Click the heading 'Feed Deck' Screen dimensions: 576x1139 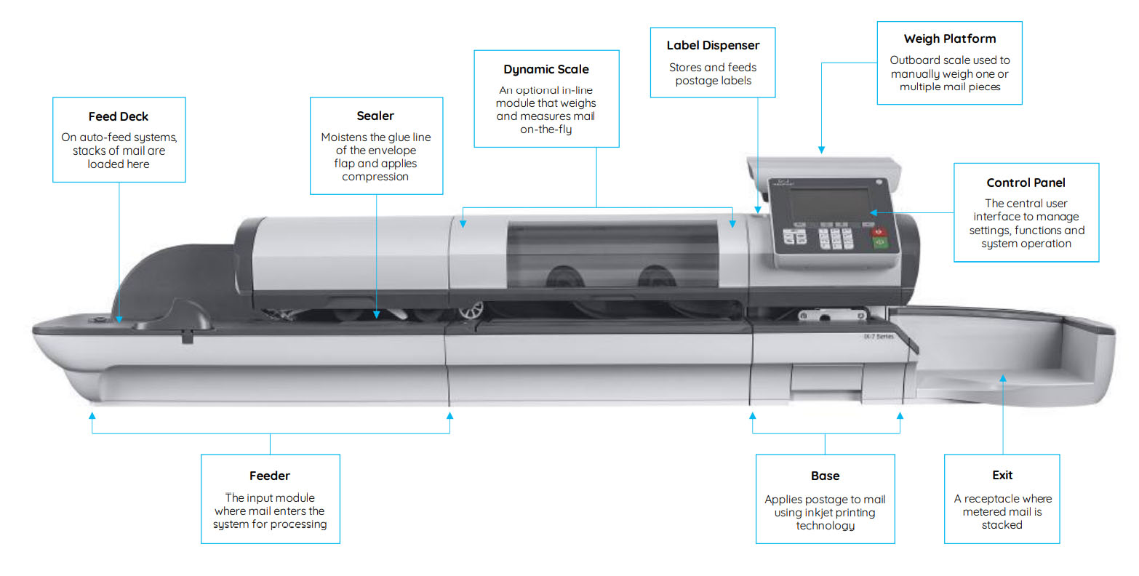pyautogui.click(x=119, y=116)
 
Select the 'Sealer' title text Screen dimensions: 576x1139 pyautogui.click(x=375, y=116)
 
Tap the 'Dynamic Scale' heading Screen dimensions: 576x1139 pyautogui.click(x=546, y=69)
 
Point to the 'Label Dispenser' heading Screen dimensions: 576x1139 pyautogui.click(x=713, y=45)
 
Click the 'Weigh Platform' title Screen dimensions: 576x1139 pyautogui.click(x=949, y=39)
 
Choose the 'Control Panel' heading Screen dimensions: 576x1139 pyautogui.click(x=1026, y=183)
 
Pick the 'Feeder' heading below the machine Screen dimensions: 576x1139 pyautogui.click(x=270, y=476)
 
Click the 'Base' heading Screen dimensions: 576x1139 pyautogui.click(x=825, y=476)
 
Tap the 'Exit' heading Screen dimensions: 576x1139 pyautogui.click(x=1002, y=475)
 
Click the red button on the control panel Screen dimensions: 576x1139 pyautogui.click(x=879, y=232)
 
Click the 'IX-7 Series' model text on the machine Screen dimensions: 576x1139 pyautogui.click(x=878, y=337)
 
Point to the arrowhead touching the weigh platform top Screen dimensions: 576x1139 pyautogui.click(x=821, y=150)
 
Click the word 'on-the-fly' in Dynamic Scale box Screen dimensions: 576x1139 pyautogui.click(x=545, y=129)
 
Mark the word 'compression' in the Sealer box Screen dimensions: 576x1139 pyautogui.click(x=375, y=177)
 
